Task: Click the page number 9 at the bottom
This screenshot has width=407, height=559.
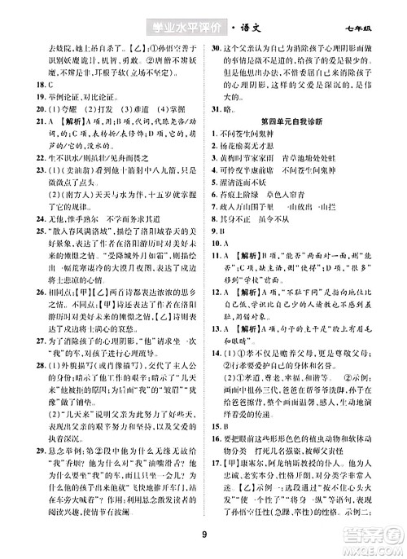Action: (x=203, y=534)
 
